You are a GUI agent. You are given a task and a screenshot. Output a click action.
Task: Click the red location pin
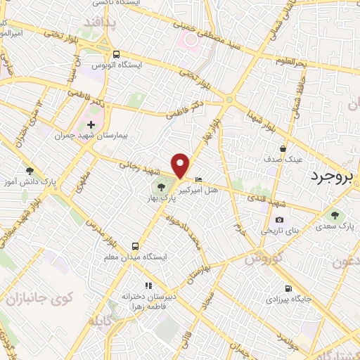coord(181,164)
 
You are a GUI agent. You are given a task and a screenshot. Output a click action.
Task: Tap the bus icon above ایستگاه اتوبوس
coord(116,54)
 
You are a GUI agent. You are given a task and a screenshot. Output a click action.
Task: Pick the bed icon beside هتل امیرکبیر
coord(198,180)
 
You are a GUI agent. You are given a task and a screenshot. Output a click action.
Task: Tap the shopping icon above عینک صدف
coord(282,149)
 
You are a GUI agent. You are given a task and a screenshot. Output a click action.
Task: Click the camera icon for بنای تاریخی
coord(280,220)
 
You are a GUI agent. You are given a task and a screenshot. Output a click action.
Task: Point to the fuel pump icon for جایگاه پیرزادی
coord(288,288)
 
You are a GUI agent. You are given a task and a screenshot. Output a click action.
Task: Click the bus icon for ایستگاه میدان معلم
coord(135,247)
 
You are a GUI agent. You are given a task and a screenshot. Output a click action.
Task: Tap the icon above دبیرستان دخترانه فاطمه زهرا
coord(148,285)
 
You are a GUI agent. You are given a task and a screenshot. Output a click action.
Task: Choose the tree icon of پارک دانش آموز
coord(29,171)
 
